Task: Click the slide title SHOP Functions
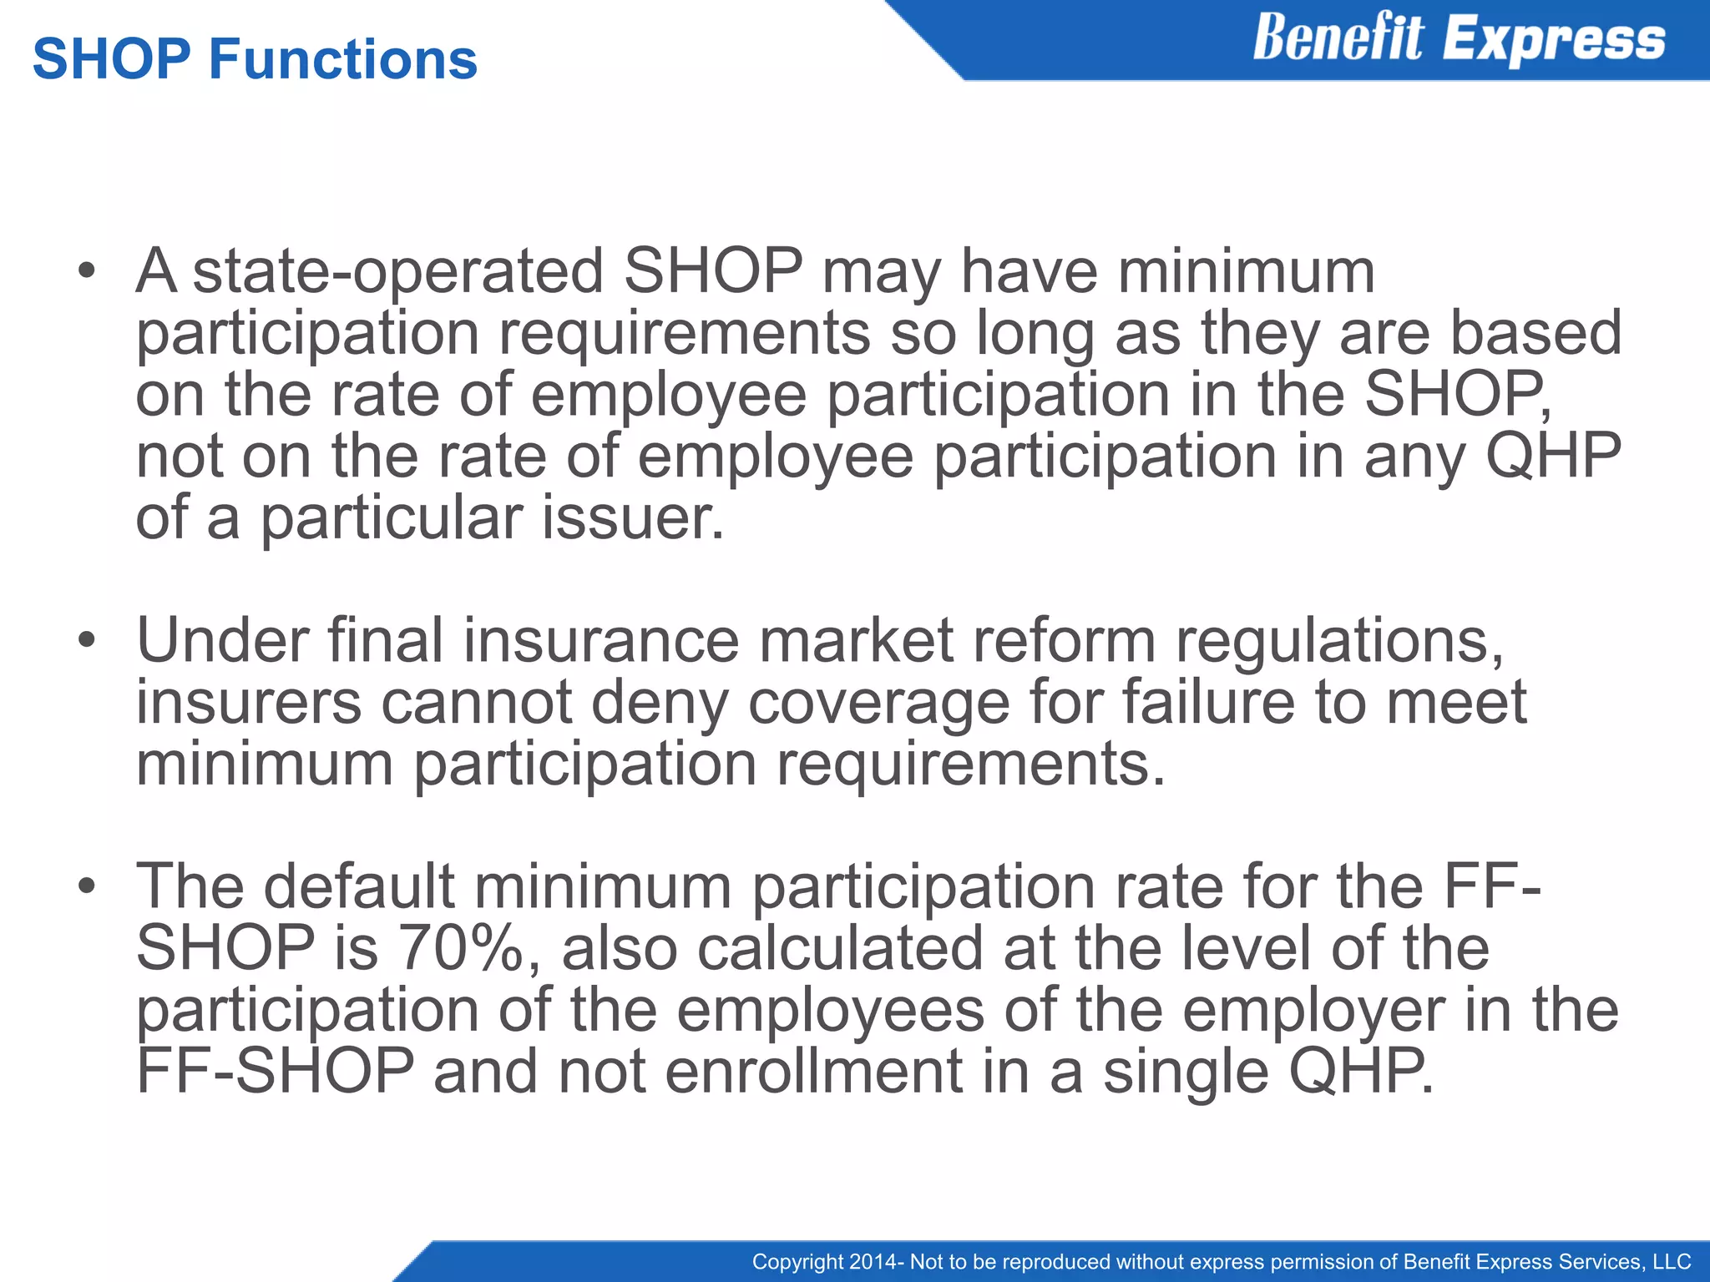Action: (x=255, y=60)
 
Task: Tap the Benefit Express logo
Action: (x=1459, y=39)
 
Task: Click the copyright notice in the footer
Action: (x=1222, y=1261)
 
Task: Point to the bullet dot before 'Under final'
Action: (x=87, y=641)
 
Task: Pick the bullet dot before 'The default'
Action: (x=87, y=886)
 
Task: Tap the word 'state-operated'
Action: (x=397, y=271)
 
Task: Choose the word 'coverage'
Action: (x=878, y=702)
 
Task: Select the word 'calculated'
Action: (x=840, y=948)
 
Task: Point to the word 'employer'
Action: (x=1313, y=1010)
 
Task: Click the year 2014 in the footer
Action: (x=871, y=1261)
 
